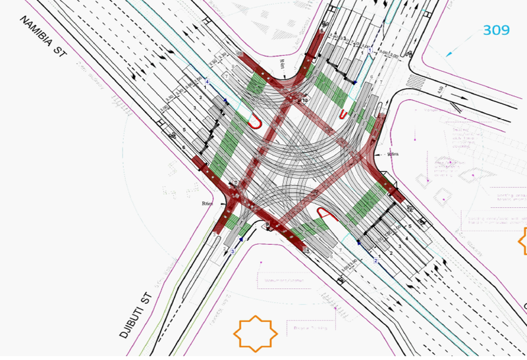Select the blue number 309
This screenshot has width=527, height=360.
(497, 30)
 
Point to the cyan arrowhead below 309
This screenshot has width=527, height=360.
(449, 54)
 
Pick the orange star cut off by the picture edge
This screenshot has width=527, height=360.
(522, 242)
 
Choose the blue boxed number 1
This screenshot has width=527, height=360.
(370, 51)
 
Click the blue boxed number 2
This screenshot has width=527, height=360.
(375, 261)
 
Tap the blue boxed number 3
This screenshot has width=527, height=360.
(233, 252)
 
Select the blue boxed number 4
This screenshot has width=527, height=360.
(207, 82)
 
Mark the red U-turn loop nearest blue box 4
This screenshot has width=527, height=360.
(254, 122)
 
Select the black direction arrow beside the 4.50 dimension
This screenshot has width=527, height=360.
(455, 105)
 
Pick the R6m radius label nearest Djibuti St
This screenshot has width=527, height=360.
(206, 204)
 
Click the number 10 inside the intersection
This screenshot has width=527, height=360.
(304, 100)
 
